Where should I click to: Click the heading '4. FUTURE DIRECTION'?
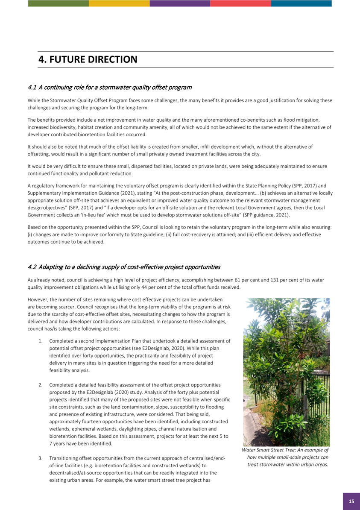[x=88, y=59]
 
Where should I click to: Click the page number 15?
[x=351, y=501]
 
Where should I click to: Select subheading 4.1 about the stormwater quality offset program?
[x=109, y=88]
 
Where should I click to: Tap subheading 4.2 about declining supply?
[x=123, y=267]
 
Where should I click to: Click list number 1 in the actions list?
[x=41, y=341]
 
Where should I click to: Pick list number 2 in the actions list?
[x=41, y=385]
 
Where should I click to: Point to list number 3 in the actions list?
[x=41, y=458]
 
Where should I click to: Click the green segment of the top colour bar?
[x=59, y=3]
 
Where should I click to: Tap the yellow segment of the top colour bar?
[x=119, y=3]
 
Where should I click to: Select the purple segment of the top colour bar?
[x=180, y=3]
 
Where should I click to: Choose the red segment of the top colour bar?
[x=240, y=3]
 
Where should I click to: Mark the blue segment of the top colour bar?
[x=301, y=3]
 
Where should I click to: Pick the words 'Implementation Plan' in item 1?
[x=119, y=341]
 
